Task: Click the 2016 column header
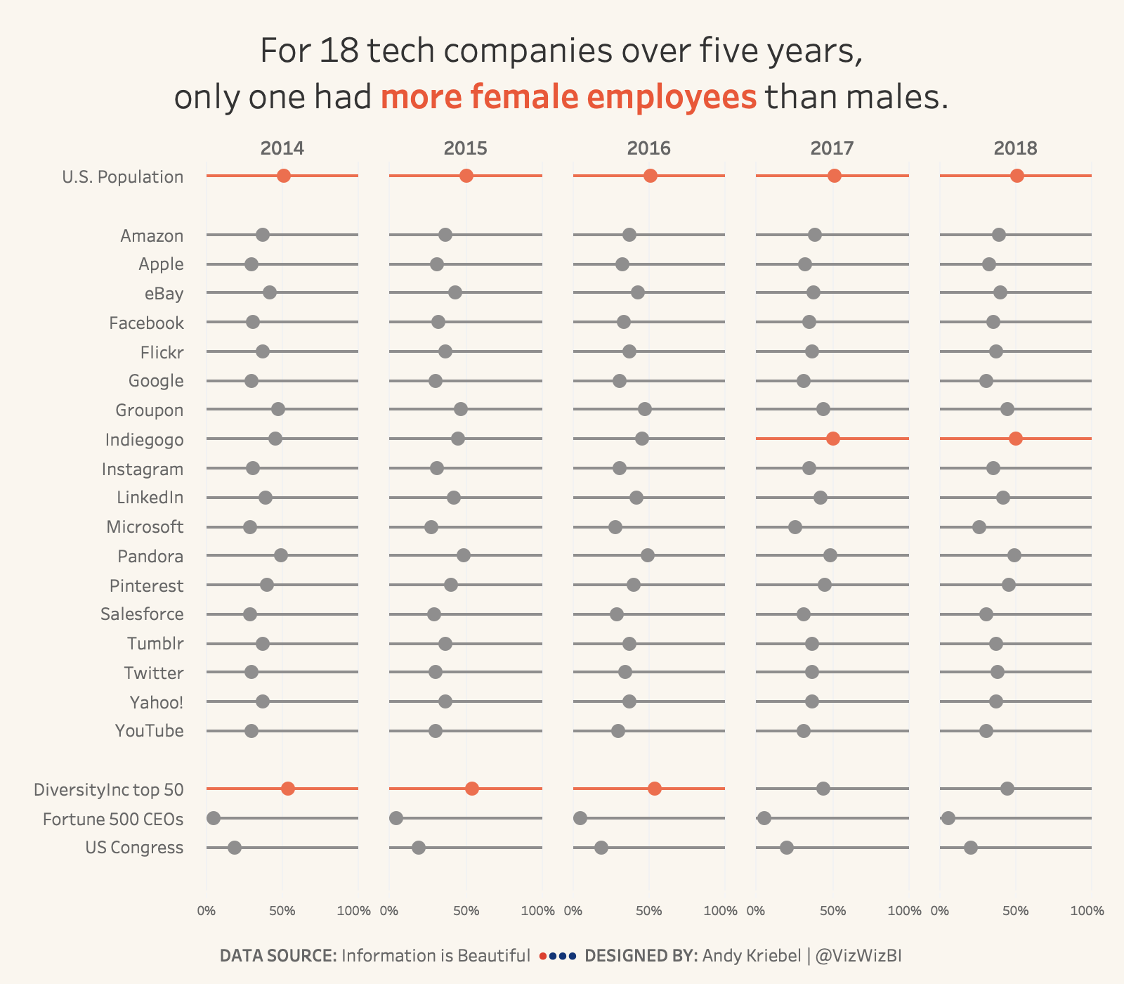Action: [x=648, y=148]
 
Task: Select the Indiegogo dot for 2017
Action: [x=833, y=439]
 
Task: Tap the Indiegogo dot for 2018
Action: [x=1016, y=439]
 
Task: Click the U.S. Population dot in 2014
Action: [x=284, y=176]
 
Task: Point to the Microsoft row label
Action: [x=145, y=527]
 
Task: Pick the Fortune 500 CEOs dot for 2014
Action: [x=214, y=818]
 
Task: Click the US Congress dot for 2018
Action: [x=971, y=848]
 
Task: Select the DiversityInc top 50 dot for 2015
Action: [x=472, y=789]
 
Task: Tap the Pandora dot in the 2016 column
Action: [x=648, y=555]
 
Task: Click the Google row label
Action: [x=156, y=381]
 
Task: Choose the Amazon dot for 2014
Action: [x=263, y=235]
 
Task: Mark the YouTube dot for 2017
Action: [x=804, y=731]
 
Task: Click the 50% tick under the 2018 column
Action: [x=1016, y=911]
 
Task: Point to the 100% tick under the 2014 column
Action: [x=354, y=911]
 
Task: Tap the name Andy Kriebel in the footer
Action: [x=752, y=956]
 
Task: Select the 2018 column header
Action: [x=1015, y=148]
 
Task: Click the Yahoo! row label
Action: [x=157, y=702]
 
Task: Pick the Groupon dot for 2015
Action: [x=461, y=410]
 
